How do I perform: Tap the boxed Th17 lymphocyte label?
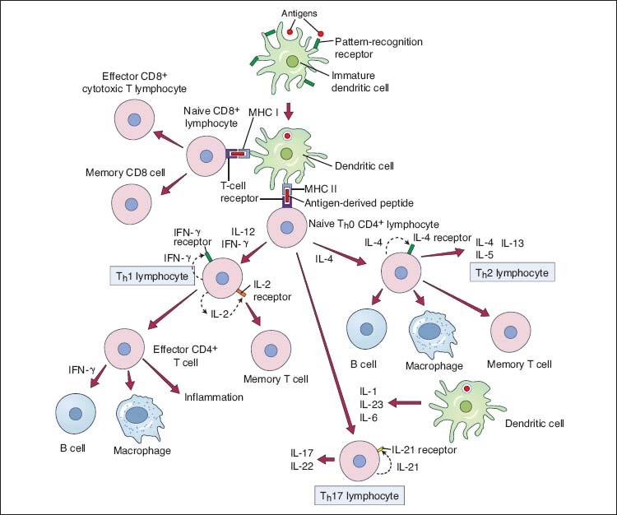tap(359, 495)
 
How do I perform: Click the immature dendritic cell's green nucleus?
tap(293, 63)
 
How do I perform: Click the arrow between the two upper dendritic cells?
tap(288, 111)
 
